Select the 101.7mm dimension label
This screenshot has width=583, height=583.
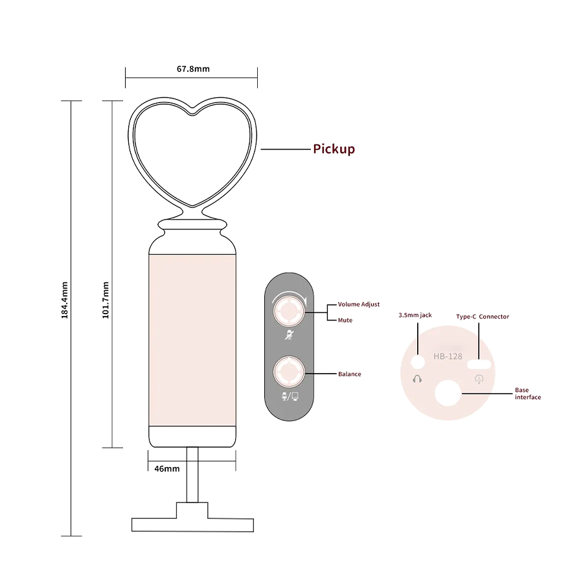click(x=106, y=300)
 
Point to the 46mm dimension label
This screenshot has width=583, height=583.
click(x=167, y=468)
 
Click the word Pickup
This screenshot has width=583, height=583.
click(x=334, y=149)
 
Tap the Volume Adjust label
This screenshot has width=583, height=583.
click(x=358, y=304)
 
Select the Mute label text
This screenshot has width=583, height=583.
click(x=345, y=320)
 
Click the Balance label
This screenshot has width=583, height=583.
click(x=350, y=374)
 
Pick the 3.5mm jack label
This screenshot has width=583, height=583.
click(x=415, y=315)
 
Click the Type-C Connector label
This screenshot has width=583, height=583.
click(x=483, y=317)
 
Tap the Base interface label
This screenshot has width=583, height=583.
click(x=527, y=394)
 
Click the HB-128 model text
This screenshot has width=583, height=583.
click(x=448, y=356)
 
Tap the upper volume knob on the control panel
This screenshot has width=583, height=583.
click(x=288, y=311)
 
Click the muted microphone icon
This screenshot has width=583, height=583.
click(x=289, y=336)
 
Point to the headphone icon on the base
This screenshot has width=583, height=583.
click(x=417, y=378)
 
